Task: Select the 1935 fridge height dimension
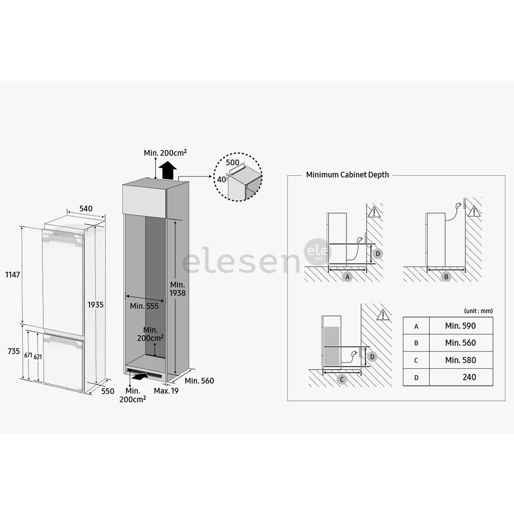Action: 95,305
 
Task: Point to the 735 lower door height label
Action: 13,351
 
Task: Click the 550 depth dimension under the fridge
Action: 108,391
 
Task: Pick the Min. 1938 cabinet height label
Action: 178,288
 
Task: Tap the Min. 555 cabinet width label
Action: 144,306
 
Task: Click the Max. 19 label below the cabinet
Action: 166,391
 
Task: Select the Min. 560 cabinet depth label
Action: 199,381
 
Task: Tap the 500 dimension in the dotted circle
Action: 233,163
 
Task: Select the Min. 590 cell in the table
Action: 460,326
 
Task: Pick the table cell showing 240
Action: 469,377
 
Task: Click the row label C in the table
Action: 416,360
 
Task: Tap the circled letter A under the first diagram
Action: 347,277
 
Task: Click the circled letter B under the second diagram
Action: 446,277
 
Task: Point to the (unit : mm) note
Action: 478,311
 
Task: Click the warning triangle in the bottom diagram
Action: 382,314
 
